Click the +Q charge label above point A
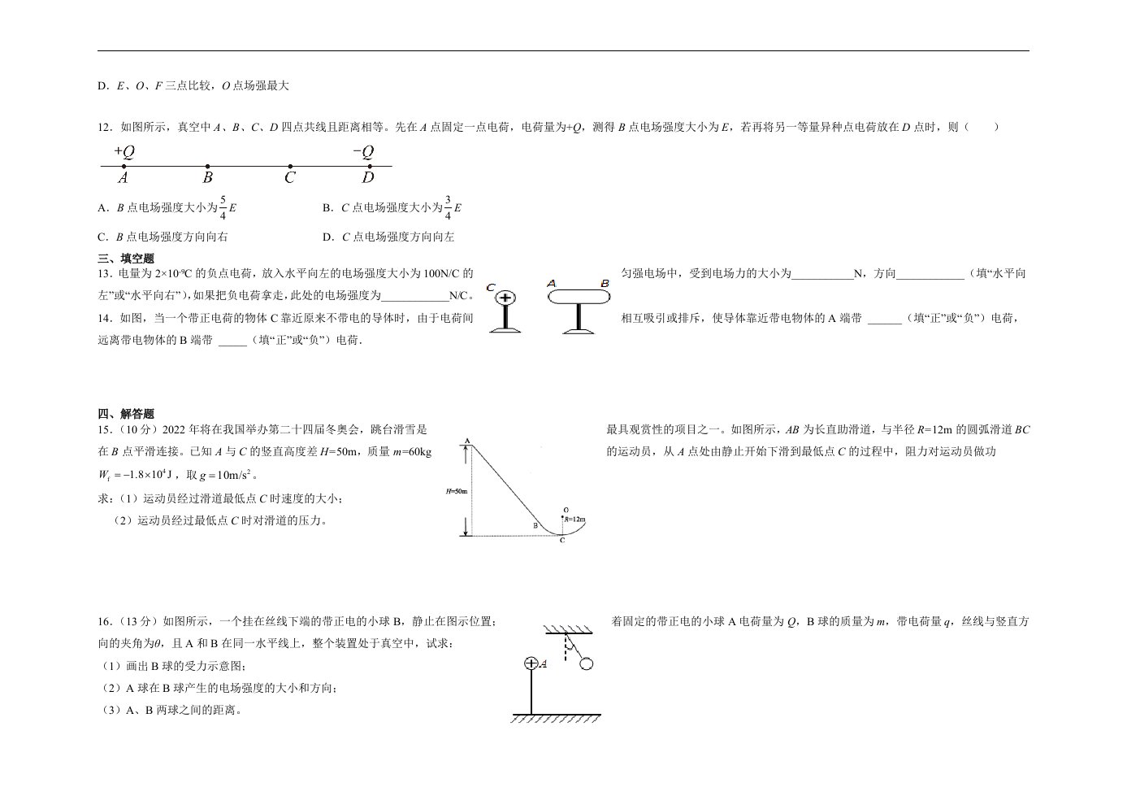124,151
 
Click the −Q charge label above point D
364,151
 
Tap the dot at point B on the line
208,166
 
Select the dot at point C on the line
290,166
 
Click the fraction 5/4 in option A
223,207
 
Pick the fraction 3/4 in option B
448,207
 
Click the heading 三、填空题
126,259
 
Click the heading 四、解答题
126,414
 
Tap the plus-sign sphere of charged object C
505,298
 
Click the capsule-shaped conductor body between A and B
579,297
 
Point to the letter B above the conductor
605,284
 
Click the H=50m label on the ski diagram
457,491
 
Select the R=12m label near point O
575,519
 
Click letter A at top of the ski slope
467,441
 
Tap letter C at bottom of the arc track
562,540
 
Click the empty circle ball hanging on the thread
586,664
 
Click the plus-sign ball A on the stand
531,663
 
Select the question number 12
105,127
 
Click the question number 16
105,621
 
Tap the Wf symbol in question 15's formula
104,475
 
